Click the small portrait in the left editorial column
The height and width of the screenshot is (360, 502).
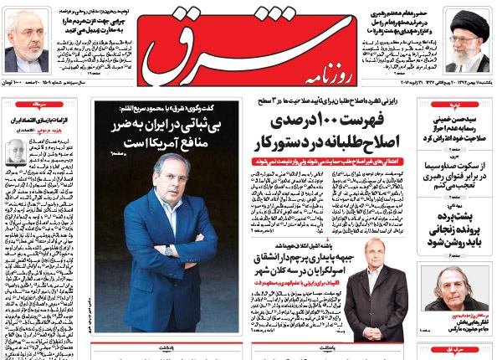pyautogui.click(x=16, y=151)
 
